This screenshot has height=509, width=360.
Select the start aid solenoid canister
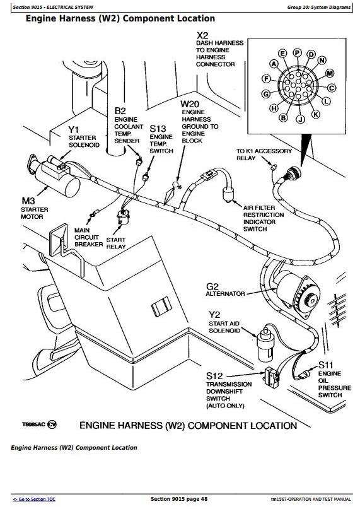coord(265,344)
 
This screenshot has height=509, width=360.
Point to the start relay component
coord(124,217)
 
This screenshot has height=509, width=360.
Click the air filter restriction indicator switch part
coord(228,194)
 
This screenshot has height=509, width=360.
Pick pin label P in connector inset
coord(298,52)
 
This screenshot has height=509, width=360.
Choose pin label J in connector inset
coord(300,119)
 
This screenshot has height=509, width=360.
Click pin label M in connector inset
coord(330,73)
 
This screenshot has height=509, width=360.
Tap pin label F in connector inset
coord(266,79)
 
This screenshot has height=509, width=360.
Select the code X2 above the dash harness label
coord(202,35)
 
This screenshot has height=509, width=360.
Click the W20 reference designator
coord(190,104)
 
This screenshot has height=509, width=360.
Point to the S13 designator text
coord(158,129)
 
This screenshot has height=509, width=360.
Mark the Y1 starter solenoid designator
coord(74,130)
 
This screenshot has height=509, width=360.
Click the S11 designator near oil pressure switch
coord(325,365)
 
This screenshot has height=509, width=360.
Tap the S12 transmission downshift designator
coord(214,376)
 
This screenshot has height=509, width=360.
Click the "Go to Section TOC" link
coord(34,500)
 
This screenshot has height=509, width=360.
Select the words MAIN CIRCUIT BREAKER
coord(89,237)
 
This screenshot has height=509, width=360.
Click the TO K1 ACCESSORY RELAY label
coord(264,155)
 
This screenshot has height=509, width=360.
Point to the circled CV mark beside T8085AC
coord(52,424)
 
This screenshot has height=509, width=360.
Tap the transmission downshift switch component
coord(272,377)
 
